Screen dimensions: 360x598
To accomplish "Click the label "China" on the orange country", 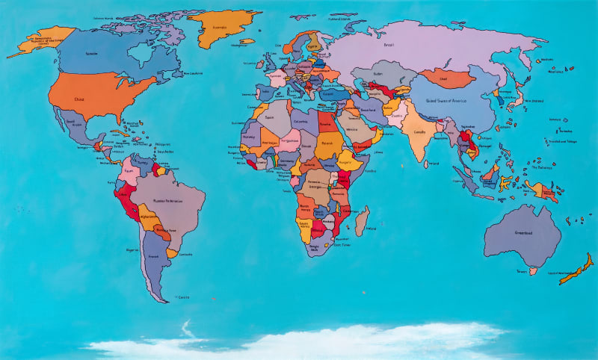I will tap(79, 98).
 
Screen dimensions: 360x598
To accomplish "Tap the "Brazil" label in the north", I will tap(389, 46).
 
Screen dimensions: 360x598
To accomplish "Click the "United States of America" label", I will tap(446, 100).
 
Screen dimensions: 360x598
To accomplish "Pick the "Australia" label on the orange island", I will tap(219, 29).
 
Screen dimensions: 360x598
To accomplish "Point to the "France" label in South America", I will tap(153, 256).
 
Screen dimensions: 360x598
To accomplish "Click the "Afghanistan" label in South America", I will tap(149, 216).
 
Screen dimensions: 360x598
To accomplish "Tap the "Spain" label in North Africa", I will tap(270, 117).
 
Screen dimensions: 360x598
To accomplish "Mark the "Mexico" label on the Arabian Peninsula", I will tap(353, 129).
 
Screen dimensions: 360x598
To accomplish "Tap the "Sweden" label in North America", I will tap(93, 54).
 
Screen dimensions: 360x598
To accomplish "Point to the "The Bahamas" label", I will tap(542, 167).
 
